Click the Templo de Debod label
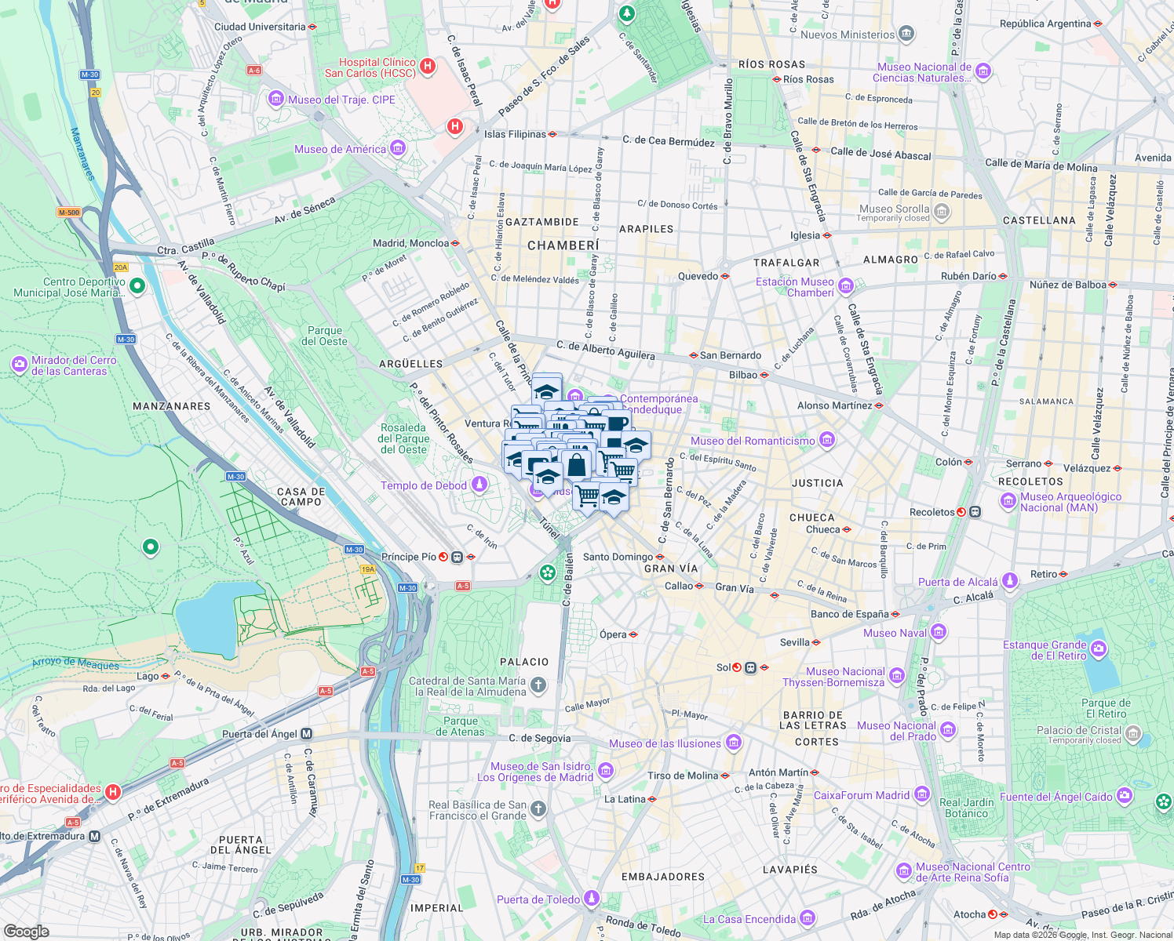pos(424,485)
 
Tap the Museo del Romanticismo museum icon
pos(827,441)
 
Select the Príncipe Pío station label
pos(409,557)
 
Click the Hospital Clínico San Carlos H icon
pos(428,67)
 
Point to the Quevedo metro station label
pos(698,276)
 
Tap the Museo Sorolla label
pos(894,209)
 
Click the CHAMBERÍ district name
pos(563,245)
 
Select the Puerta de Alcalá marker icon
pos(1010,581)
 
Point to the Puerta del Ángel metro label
pos(260,734)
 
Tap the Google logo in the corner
pos(26,931)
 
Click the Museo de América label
pos(341,149)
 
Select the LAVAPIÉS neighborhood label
pos(790,870)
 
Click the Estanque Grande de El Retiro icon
pos(1099,649)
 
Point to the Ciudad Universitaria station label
pos(260,27)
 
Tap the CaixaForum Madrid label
pos(862,795)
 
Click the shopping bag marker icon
pos(576,465)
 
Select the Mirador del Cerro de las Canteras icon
pos(20,365)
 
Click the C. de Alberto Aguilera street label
pos(605,350)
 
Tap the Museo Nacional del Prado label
pos(897,731)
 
